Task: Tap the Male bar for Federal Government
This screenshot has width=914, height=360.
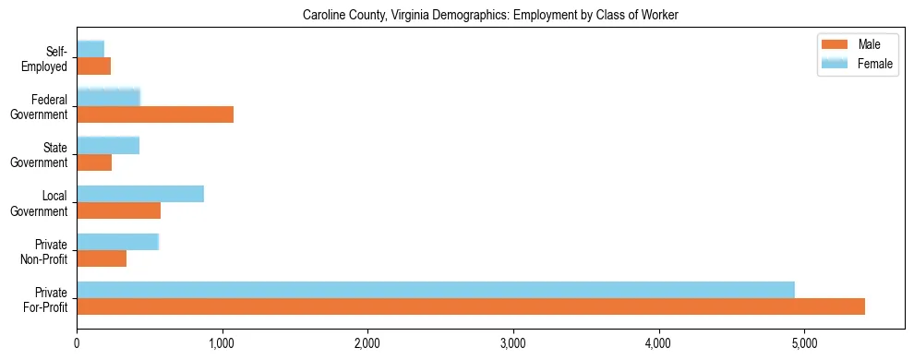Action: pyautogui.click(x=155, y=114)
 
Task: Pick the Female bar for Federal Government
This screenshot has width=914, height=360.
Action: pyautogui.click(x=108, y=97)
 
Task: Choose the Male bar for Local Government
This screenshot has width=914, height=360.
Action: pyautogui.click(x=118, y=210)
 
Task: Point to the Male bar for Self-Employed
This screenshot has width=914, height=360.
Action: pyautogui.click(x=93, y=66)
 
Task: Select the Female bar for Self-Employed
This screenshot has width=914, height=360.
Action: pyautogui.click(x=90, y=49)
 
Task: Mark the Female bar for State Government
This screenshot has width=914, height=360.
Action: pyautogui.click(x=108, y=145)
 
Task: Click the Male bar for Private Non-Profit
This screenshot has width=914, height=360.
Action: pyautogui.click(x=102, y=258)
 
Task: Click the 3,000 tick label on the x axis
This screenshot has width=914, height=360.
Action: pyautogui.click(x=512, y=344)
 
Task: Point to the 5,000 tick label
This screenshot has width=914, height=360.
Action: pyautogui.click(x=803, y=344)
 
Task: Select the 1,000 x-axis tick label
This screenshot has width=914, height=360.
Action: pyautogui.click(x=222, y=344)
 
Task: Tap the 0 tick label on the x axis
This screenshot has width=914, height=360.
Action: pyautogui.click(x=77, y=344)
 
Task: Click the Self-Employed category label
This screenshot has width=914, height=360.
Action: pyautogui.click(x=48, y=59)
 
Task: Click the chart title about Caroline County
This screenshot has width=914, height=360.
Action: pyautogui.click(x=490, y=16)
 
